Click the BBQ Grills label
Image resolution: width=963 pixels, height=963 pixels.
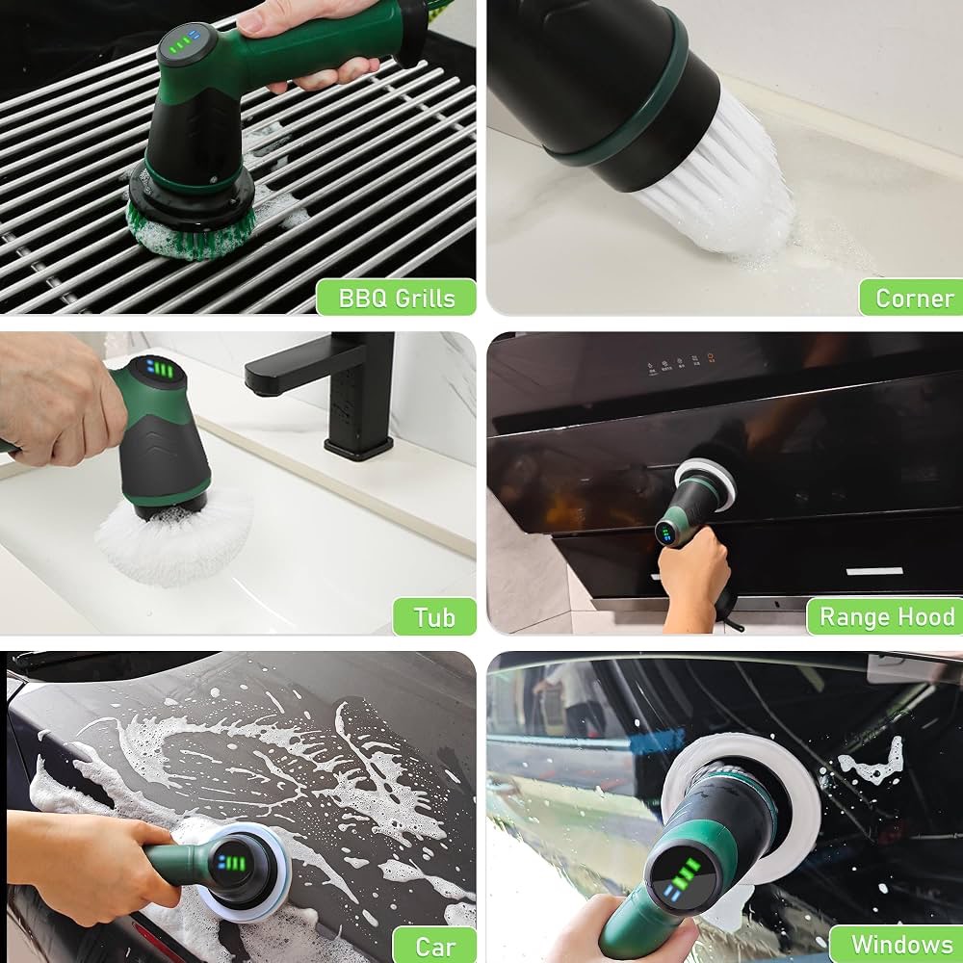click(x=396, y=298)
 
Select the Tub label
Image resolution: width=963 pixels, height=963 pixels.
click(x=434, y=617)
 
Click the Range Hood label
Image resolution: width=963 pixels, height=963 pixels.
click(x=886, y=616)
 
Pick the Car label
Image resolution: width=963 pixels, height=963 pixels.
click(x=435, y=946)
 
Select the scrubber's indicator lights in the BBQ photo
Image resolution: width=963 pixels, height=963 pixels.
click(x=184, y=41)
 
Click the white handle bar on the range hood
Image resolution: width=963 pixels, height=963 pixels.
click(x=874, y=571)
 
